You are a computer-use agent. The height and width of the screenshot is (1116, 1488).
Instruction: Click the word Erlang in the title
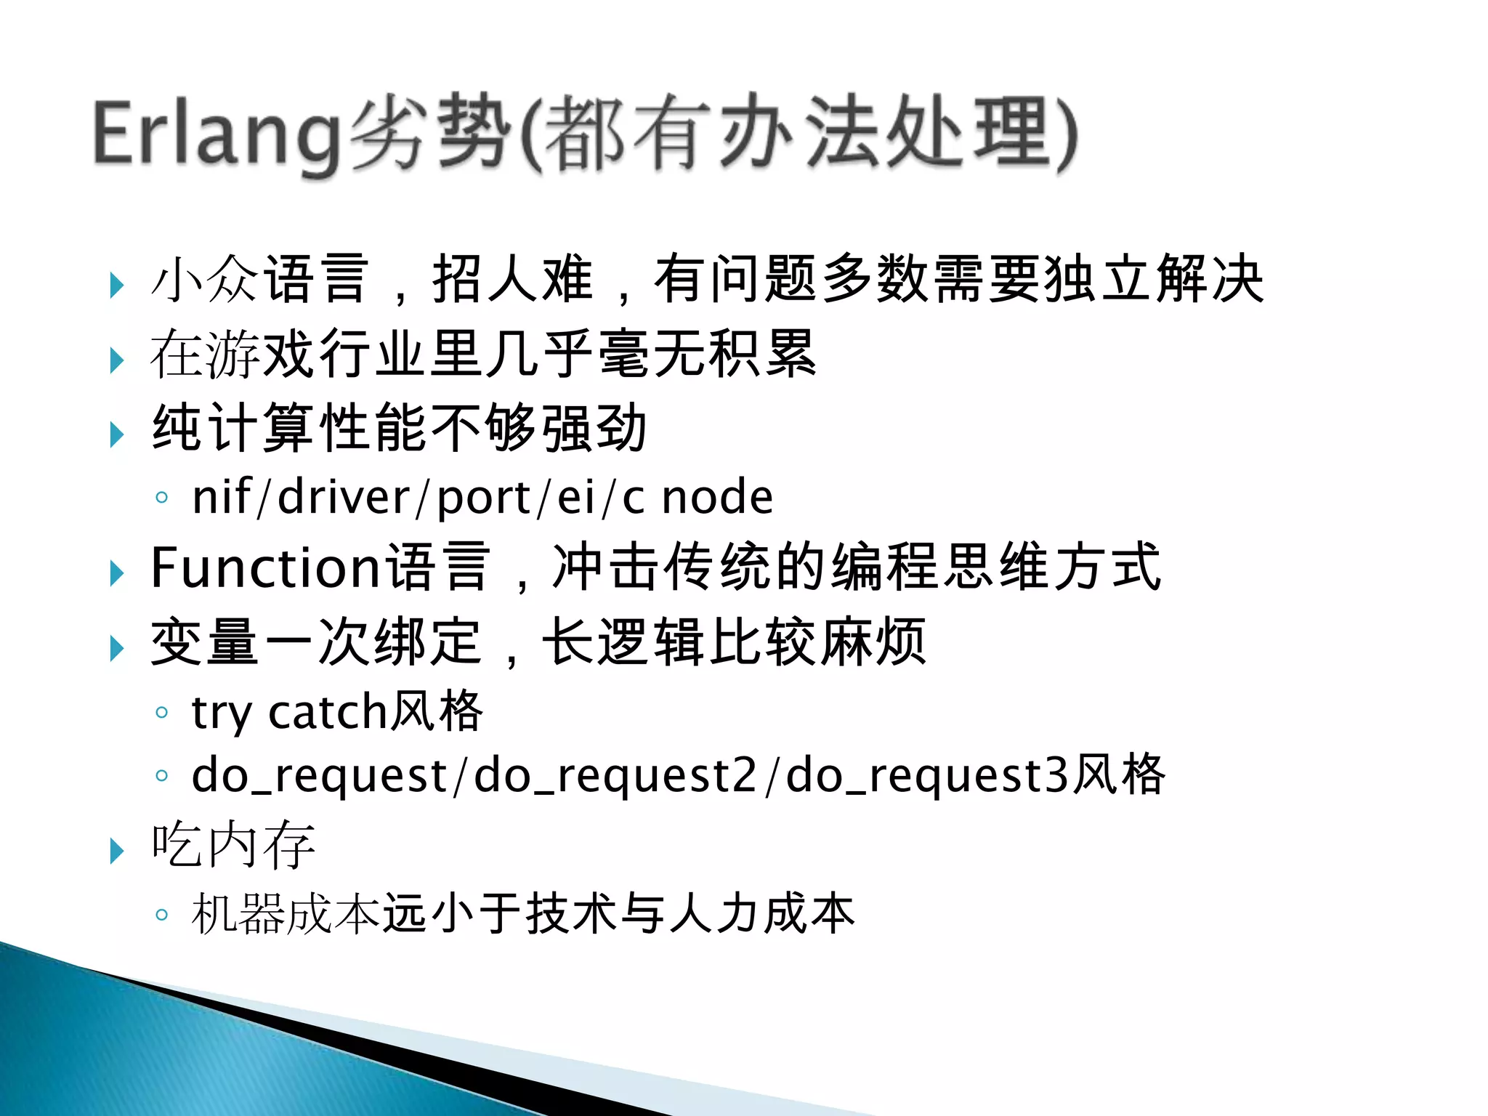tap(216, 134)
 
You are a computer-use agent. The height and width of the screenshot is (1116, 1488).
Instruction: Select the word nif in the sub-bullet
tap(221, 498)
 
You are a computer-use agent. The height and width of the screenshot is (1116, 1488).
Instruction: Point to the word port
tap(483, 499)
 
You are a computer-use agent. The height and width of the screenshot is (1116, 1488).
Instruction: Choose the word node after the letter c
tap(718, 498)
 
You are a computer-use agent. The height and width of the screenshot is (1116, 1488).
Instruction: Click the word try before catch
tap(222, 713)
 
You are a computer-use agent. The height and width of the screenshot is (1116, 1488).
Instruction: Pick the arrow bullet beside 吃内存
tap(116, 849)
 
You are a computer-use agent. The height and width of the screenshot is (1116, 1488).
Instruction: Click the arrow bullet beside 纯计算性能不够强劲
tap(116, 434)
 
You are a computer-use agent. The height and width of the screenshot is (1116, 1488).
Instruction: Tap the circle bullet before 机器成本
tap(162, 914)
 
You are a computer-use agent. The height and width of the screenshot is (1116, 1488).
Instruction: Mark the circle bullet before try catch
tap(162, 712)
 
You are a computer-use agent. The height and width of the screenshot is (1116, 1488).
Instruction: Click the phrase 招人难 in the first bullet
tap(513, 279)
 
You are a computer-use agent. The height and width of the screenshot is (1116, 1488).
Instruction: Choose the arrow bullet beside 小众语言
tap(116, 285)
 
